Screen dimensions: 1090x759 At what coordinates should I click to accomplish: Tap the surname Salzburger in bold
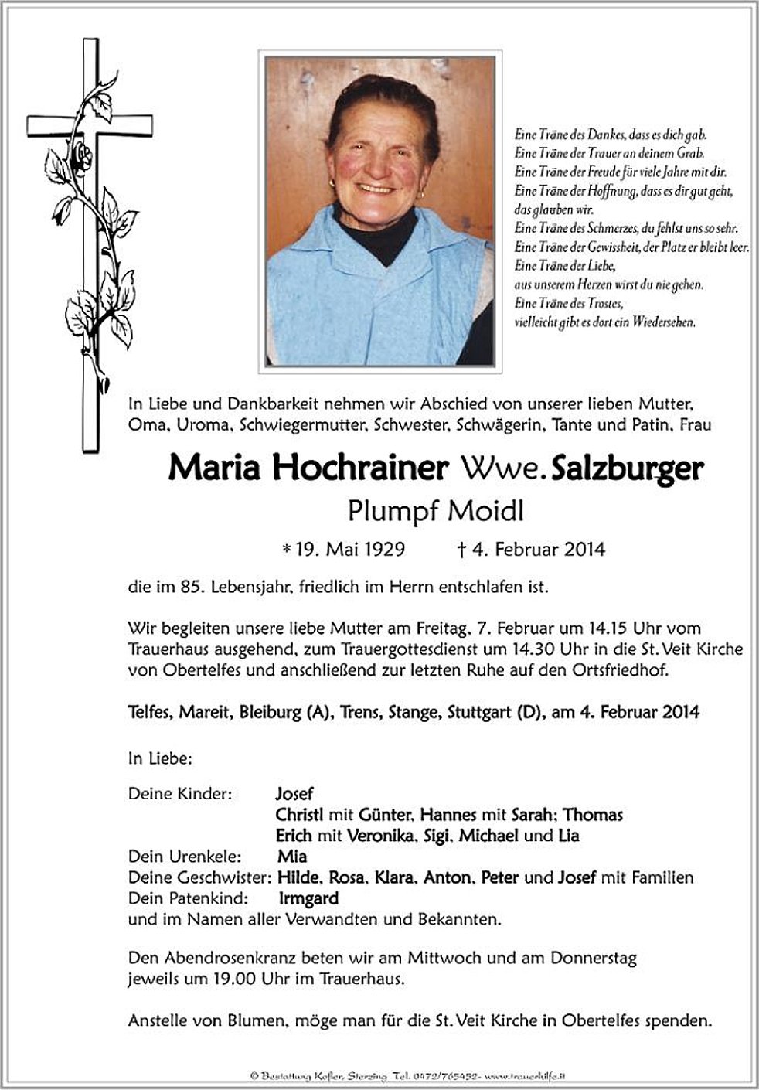point(627,468)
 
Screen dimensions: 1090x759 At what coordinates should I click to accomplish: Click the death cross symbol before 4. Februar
point(460,550)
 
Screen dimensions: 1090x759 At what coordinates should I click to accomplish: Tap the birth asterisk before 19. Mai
point(287,550)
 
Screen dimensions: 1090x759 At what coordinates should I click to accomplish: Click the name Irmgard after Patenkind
point(308,898)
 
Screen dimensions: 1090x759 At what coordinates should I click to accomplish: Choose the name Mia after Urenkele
point(292,857)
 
